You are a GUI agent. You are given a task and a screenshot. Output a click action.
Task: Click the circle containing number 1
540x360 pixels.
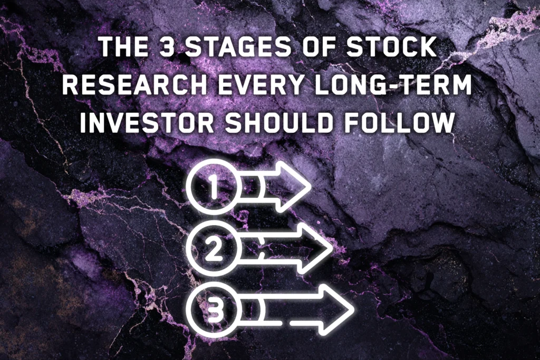[x=214, y=187]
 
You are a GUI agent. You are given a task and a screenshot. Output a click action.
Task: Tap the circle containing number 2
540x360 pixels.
[x=214, y=249]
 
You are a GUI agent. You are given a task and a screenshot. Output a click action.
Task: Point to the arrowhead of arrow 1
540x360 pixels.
[x=295, y=187]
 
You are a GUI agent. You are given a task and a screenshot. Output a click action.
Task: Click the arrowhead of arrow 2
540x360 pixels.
[x=316, y=249]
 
